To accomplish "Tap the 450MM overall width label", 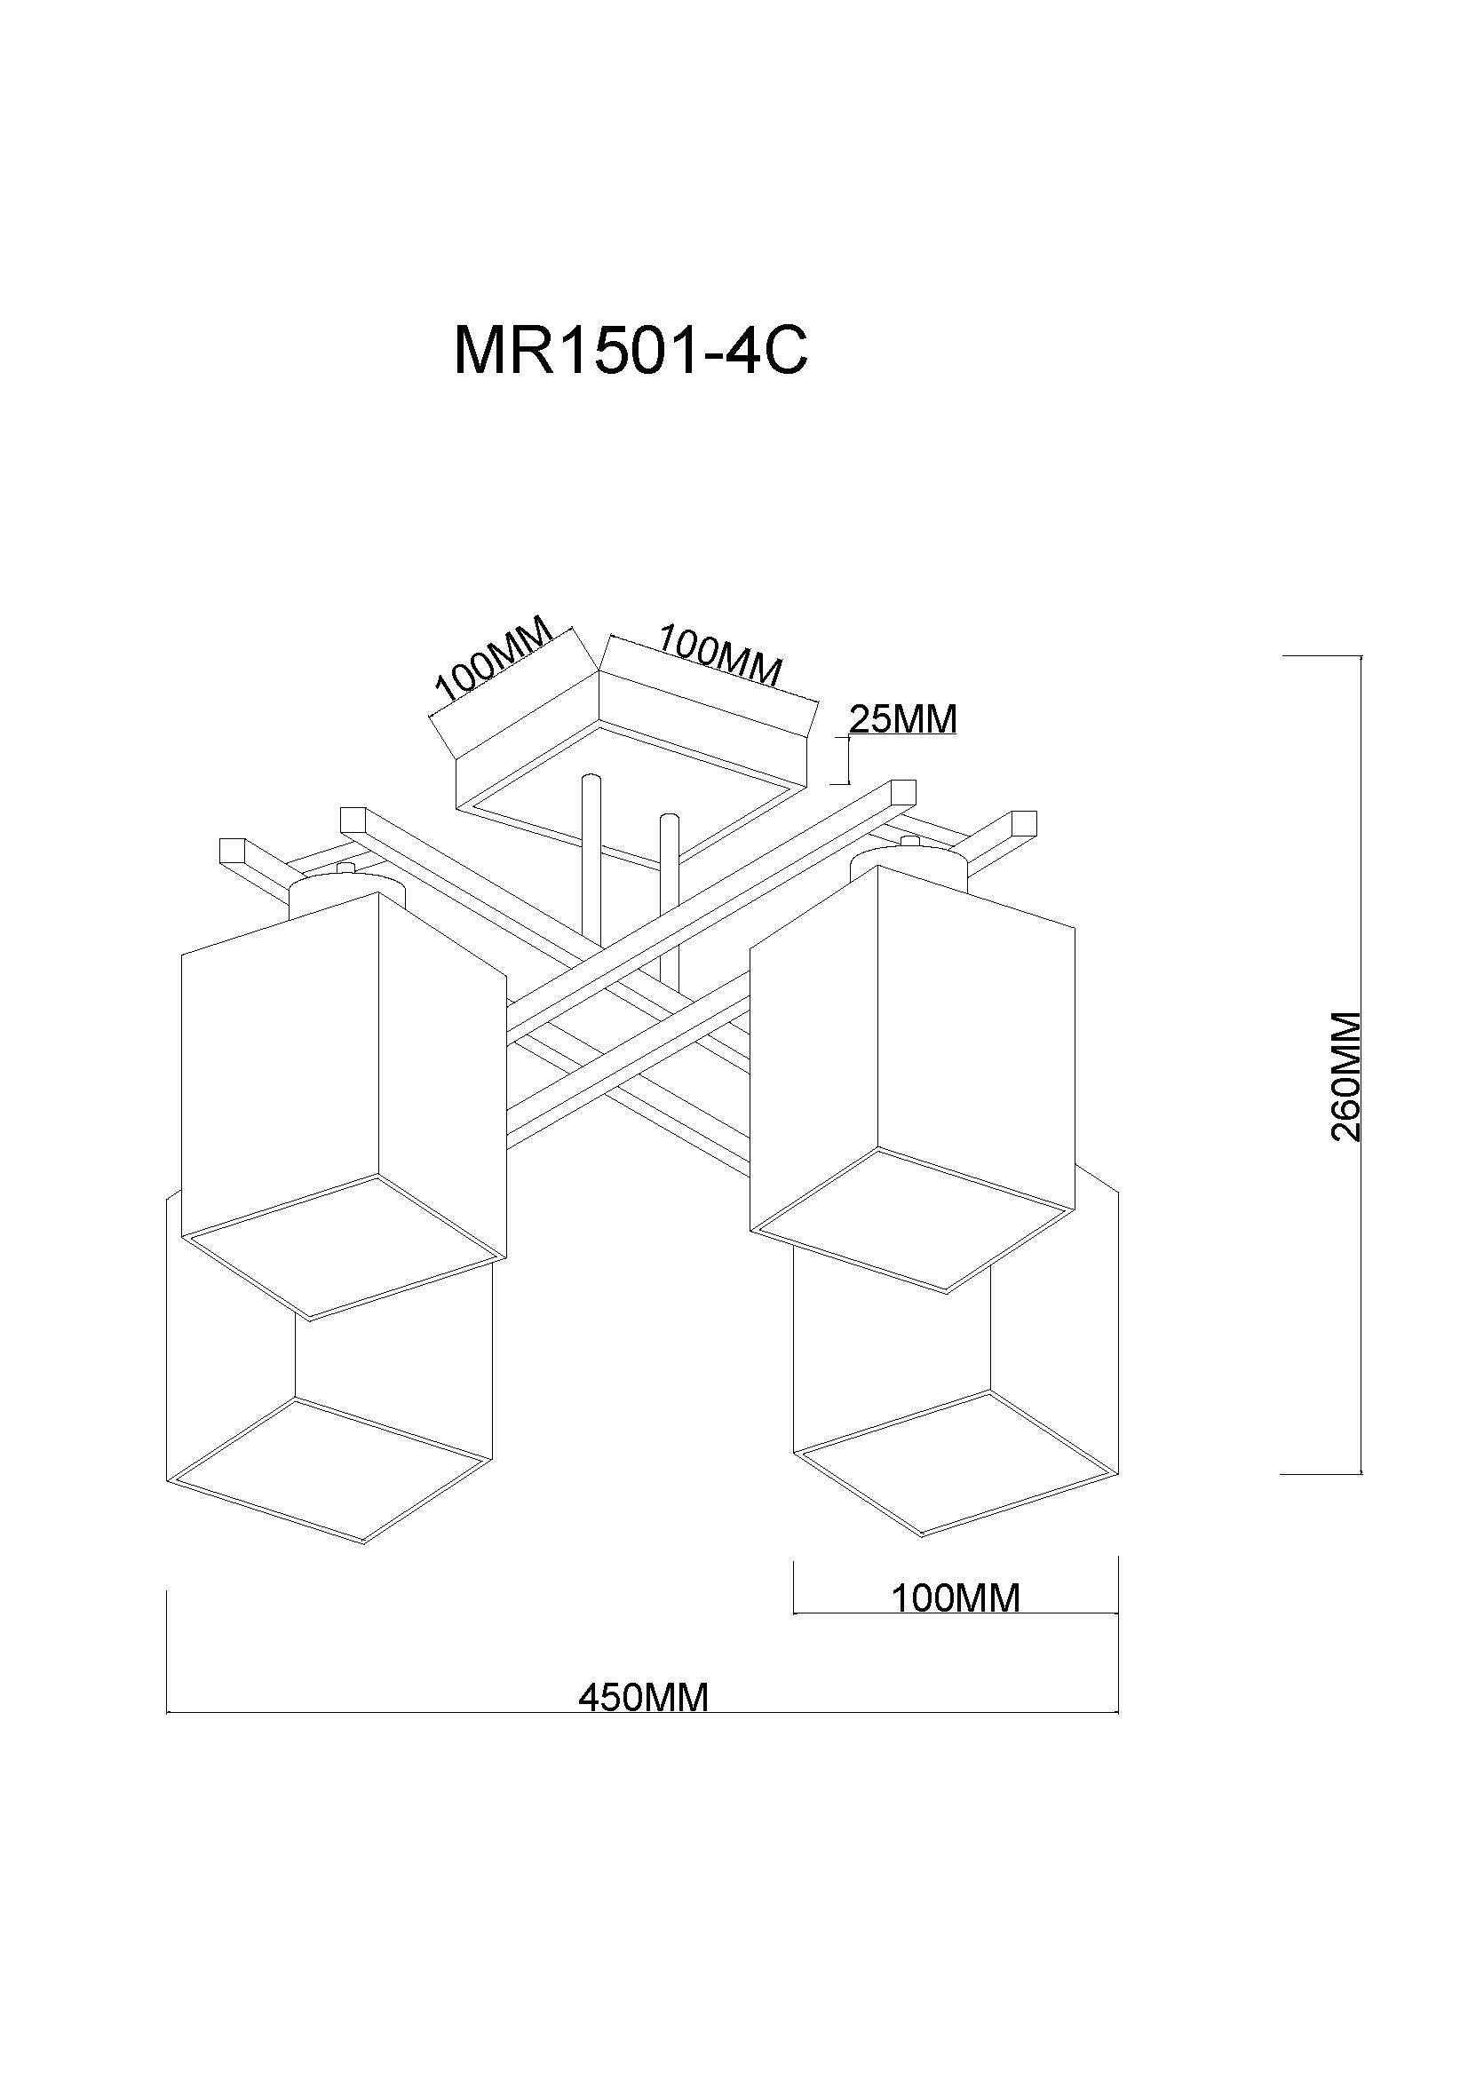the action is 644,1697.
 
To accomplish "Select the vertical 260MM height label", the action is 1347,1076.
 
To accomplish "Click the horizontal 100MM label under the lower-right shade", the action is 956,1598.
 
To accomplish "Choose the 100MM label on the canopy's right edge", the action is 720,654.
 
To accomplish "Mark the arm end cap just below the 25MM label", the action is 902,791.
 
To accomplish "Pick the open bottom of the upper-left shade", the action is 344,1248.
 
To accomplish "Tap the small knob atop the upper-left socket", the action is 345,868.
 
